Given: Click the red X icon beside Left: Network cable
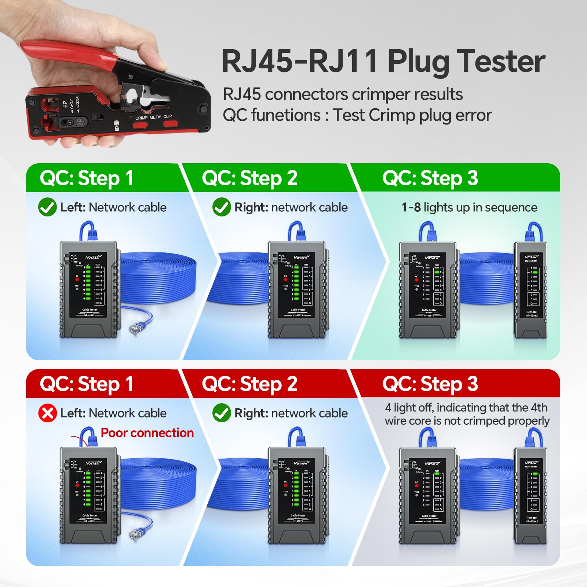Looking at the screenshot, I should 47,413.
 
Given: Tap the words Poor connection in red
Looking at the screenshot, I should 147,433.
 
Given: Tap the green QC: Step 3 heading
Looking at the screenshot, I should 430,178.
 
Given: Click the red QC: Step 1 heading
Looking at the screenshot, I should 87,384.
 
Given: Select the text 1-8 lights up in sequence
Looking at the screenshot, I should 469,208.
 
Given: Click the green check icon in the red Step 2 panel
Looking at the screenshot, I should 222,413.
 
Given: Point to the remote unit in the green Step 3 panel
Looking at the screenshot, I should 531,290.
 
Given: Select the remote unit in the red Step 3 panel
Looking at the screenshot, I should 531,495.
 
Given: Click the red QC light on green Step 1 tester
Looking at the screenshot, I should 77,280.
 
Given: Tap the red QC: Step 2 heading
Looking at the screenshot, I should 249,384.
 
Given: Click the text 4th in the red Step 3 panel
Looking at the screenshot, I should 539,408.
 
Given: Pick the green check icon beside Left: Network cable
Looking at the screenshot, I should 47,207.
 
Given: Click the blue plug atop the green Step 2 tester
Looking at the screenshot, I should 297,231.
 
